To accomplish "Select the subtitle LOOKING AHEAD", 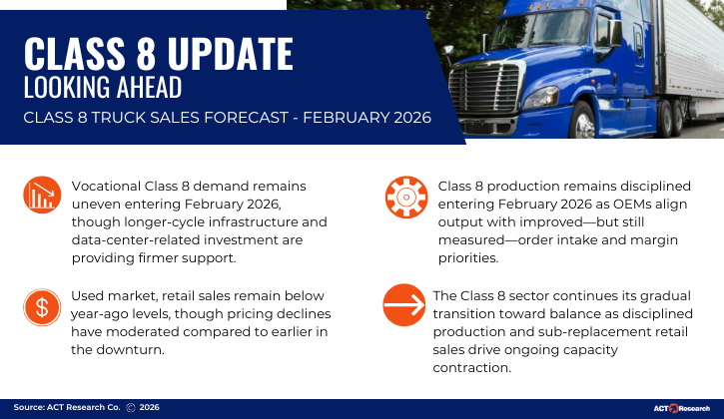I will (103, 88).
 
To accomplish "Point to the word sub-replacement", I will (580, 331).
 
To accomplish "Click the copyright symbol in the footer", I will (130, 408).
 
